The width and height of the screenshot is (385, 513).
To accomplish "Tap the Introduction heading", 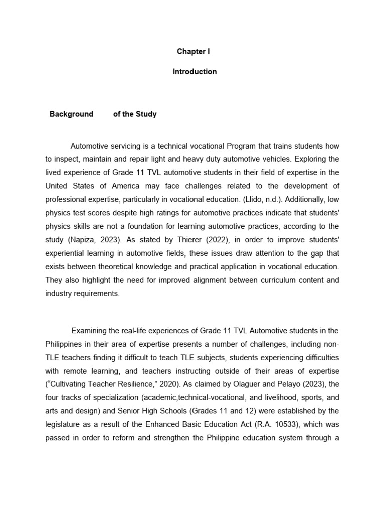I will pos(195,72).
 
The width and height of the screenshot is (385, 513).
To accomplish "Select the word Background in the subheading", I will pos(71,114).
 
